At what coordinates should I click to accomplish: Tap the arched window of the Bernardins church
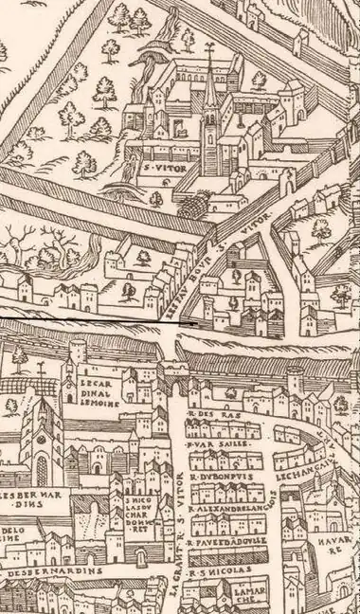41,470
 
